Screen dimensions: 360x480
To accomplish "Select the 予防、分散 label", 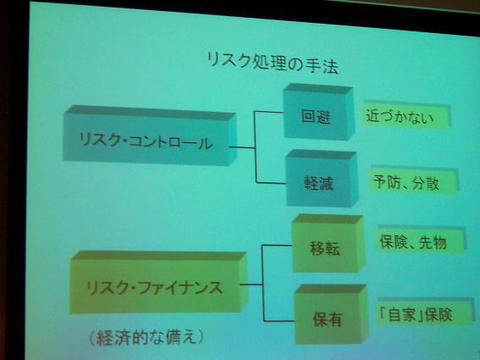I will coord(406,182).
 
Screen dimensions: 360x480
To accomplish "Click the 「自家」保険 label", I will coord(417,314).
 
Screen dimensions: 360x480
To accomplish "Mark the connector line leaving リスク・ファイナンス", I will coord(254,287).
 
